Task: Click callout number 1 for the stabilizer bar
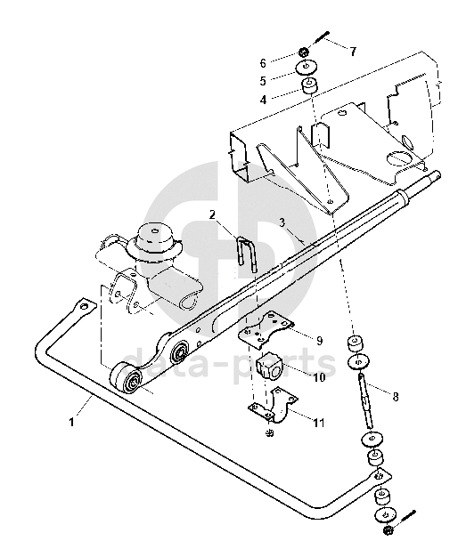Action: [x=71, y=422]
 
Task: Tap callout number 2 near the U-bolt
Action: [x=213, y=214]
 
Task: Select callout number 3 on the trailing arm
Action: [x=282, y=222]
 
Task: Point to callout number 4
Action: [x=264, y=100]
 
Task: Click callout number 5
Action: [x=263, y=81]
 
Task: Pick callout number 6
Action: [x=263, y=63]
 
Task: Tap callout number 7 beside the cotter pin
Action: [x=353, y=52]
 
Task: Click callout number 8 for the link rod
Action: [x=396, y=397]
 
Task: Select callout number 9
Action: [x=319, y=340]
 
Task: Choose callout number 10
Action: [x=319, y=377]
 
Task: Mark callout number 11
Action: [x=319, y=423]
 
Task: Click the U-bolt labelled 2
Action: [x=248, y=254]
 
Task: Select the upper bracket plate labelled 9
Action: [x=266, y=328]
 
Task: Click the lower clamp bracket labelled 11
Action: [x=274, y=406]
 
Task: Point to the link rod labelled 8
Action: [x=365, y=401]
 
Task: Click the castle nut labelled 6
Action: [x=304, y=52]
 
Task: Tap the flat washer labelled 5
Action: [x=307, y=67]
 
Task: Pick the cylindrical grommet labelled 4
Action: [x=310, y=86]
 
